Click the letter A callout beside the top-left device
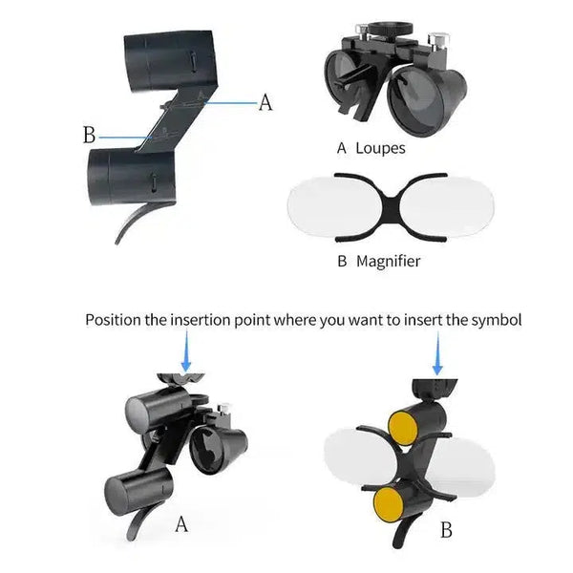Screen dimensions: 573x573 click(x=265, y=102)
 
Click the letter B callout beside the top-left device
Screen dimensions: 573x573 click(x=89, y=135)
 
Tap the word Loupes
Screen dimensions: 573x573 click(x=380, y=148)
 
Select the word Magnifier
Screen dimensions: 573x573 click(x=388, y=260)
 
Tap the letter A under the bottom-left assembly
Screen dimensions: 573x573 click(x=181, y=524)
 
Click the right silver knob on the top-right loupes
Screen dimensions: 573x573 click(x=440, y=41)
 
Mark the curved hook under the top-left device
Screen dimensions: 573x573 click(x=134, y=222)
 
